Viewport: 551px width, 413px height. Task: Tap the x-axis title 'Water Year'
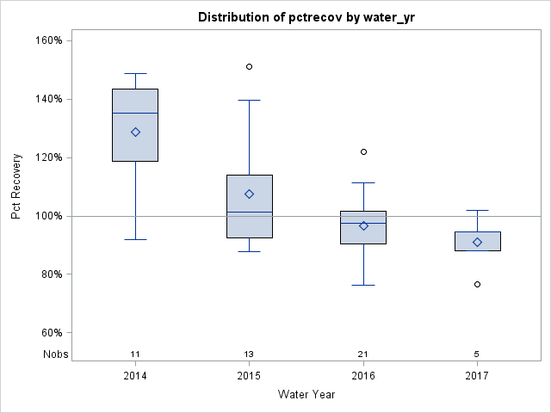(x=306, y=395)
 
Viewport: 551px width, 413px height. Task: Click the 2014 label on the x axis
(x=135, y=376)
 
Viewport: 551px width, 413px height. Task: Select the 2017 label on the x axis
(x=477, y=376)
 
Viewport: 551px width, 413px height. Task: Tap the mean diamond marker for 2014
(x=135, y=133)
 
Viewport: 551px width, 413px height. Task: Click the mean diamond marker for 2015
(x=249, y=194)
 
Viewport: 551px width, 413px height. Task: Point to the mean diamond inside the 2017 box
(x=477, y=243)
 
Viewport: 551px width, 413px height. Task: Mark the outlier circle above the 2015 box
(x=249, y=66)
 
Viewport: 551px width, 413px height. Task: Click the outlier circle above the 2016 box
(x=363, y=151)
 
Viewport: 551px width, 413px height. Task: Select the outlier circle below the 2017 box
(x=477, y=284)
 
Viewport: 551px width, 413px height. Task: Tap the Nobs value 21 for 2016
(x=363, y=354)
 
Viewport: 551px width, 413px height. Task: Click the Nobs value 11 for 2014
(x=135, y=354)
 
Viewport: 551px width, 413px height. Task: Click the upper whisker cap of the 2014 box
(x=135, y=74)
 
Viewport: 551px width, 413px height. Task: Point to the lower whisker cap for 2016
(x=363, y=285)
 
